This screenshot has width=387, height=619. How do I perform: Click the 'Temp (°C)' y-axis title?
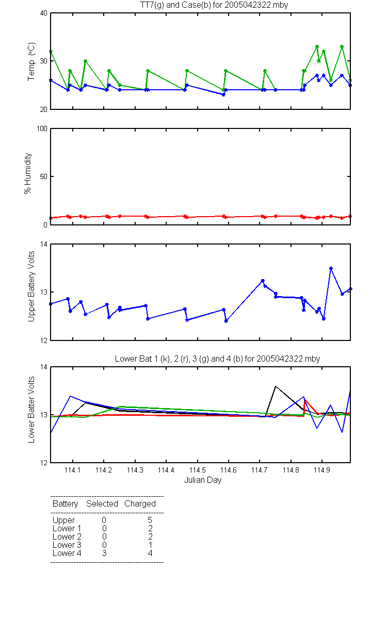click(x=31, y=61)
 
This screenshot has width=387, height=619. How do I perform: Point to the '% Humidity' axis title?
click(x=28, y=173)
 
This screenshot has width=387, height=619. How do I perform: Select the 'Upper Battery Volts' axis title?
click(x=31, y=286)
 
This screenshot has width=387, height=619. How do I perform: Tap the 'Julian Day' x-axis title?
click(x=203, y=480)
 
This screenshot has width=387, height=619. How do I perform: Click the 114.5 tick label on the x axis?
click(x=197, y=470)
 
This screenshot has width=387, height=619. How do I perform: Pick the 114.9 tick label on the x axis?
click(x=322, y=470)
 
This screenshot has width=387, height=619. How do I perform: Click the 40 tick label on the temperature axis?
click(x=44, y=13)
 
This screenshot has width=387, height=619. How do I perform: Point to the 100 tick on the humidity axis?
click(x=42, y=128)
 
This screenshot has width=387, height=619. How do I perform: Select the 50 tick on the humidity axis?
click(x=44, y=176)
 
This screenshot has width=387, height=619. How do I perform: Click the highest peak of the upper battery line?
click(x=331, y=268)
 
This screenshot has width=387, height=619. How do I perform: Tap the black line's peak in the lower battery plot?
click(x=276, y=386)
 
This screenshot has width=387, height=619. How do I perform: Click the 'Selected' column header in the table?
click(x=102, y=503)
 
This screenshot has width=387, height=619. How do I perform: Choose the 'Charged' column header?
click(x=140, y=504)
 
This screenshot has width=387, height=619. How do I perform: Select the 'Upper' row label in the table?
click(x=63, y=520)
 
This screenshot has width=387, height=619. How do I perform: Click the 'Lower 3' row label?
click(x=67, y=545)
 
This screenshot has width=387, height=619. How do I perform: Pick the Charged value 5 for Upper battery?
click(x=150, y=520)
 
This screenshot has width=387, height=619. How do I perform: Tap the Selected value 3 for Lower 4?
click(x=104, y=553)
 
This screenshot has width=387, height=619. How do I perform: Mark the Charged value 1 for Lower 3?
click(x=150, y=545)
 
